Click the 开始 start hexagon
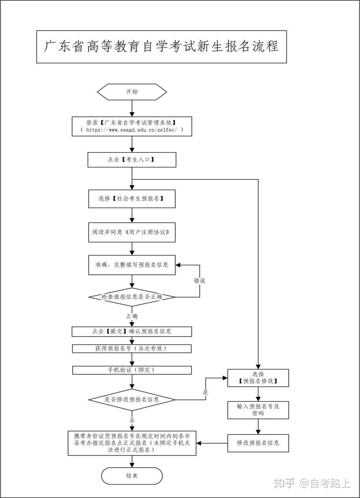(132, 92)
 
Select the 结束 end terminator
(132, 476)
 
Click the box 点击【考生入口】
(132, 160)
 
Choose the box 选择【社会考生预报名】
(132, 199)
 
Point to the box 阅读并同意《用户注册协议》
(132, 232)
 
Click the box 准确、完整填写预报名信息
(132, 265)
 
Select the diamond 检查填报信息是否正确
(132, 297)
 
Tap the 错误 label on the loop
(199, 281)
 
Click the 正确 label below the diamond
(132, 316)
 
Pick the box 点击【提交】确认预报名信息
(132, 332)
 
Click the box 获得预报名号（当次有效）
(132, 348)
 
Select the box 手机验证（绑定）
(132, 370)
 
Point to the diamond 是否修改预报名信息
(132, 400)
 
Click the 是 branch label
(206, 393)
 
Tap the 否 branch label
(132, 420)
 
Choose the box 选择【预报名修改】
(258, 378)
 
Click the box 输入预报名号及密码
(258, 410)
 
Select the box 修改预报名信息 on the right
(258, 443)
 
